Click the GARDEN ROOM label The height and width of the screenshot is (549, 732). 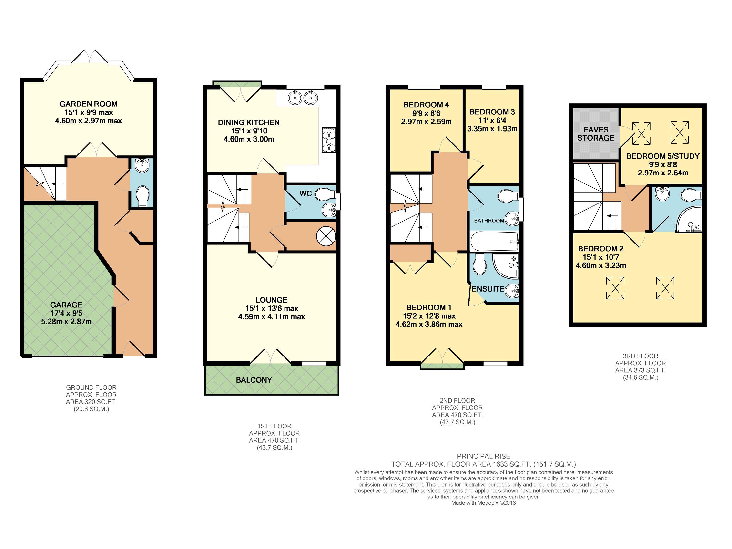88,104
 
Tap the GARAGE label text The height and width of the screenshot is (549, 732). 66,305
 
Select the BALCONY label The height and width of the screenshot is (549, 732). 254,380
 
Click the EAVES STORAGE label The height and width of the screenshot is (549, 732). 596,134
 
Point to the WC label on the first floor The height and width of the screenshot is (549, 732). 305,193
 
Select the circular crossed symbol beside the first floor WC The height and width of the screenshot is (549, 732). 326,236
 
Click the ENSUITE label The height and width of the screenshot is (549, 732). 488,289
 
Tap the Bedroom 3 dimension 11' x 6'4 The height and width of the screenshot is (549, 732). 492,121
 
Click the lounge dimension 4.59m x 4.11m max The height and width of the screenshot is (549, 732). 272,317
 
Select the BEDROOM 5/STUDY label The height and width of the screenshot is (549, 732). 663,156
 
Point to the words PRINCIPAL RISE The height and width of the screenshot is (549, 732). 483,456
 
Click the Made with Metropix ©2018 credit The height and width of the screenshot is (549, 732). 483,503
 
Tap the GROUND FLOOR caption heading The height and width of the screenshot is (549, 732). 91,387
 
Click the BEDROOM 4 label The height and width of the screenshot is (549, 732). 426,105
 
